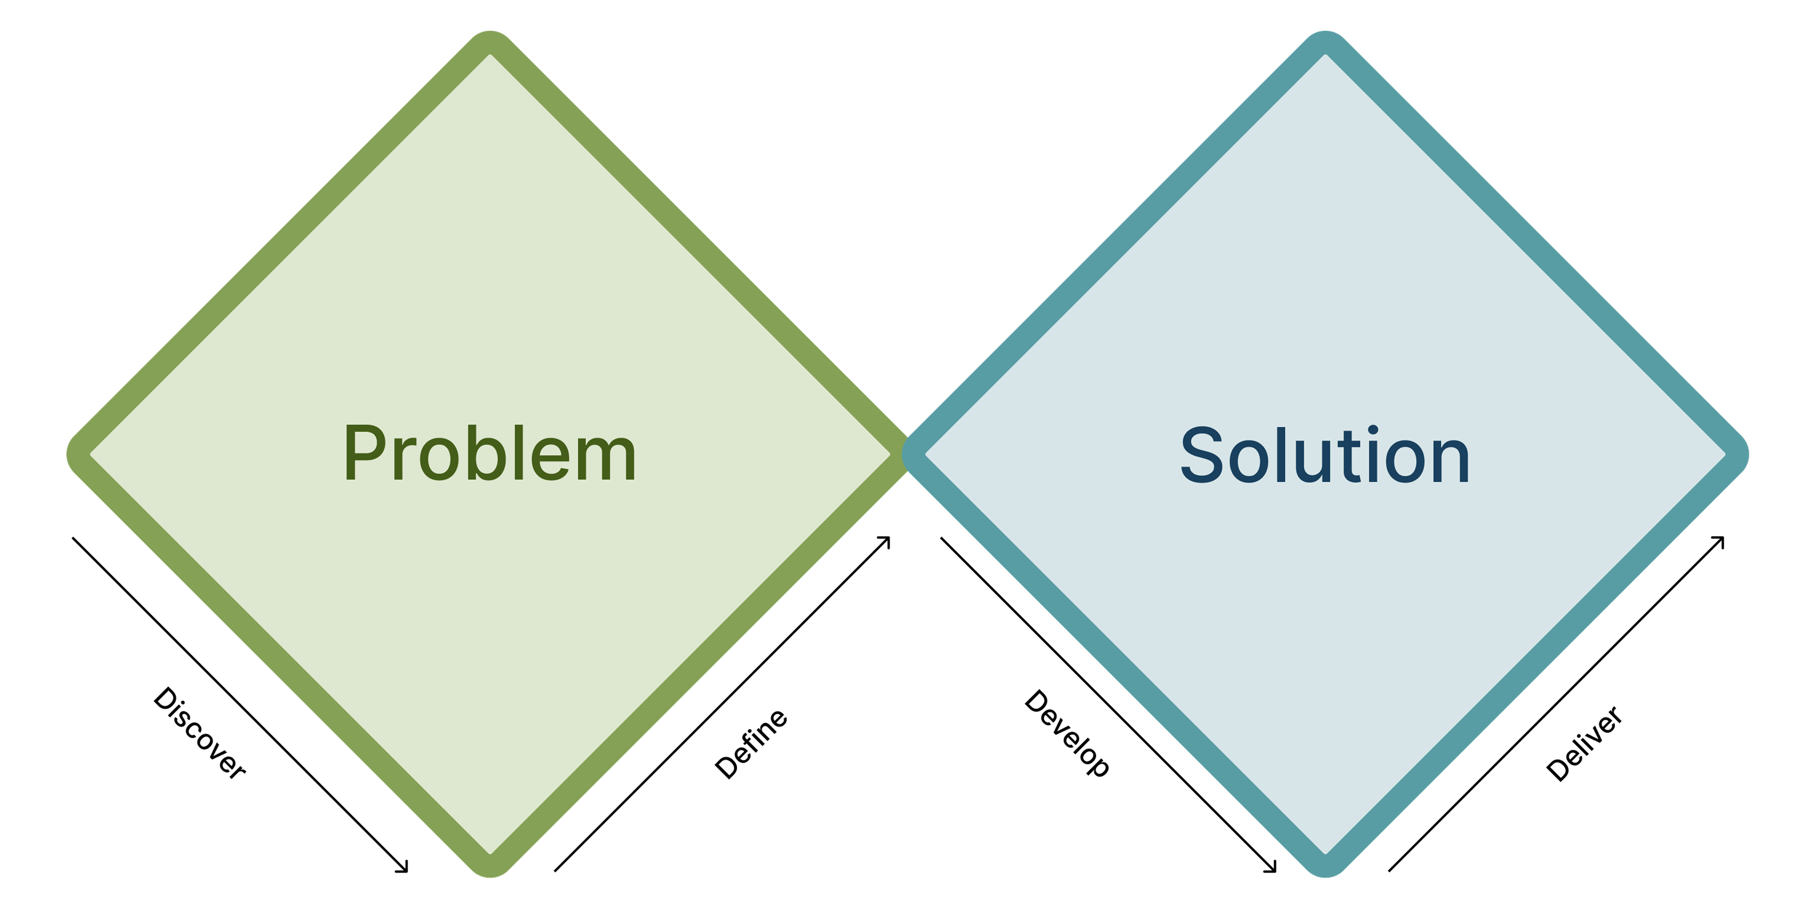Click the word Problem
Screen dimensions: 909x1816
coord(490,454)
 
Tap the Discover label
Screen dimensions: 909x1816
coord(199,733)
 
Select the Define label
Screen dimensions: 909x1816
coord(752,744)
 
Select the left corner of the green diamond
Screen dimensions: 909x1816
coord(78,454)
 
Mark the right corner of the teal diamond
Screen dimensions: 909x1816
coord(1738,454)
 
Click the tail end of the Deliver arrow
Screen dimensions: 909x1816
coord(1390,870)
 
